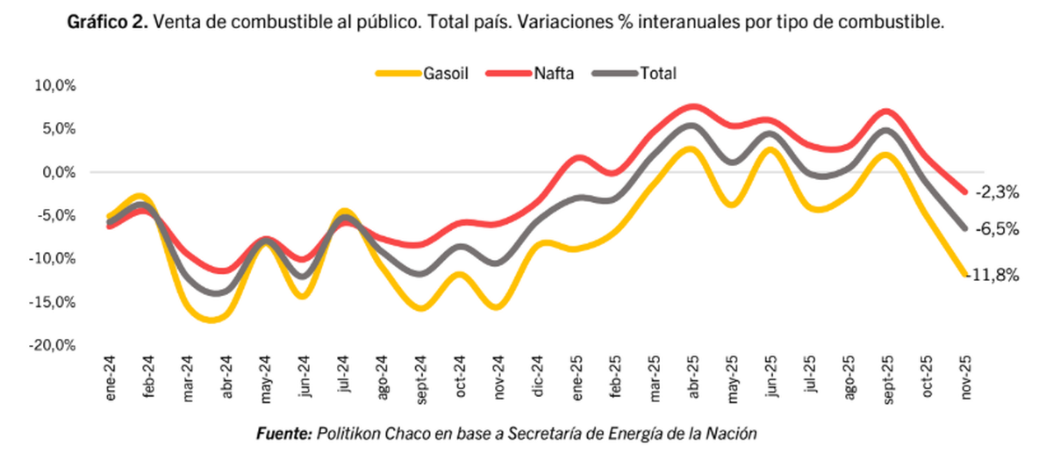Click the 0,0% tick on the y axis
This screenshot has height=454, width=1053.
[x=57, y=172]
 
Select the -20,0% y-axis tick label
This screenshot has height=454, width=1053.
[x=53, y=345]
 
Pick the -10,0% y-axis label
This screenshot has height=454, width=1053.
[x=53, y=258]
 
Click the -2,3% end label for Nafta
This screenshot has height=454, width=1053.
[x=997, y=191]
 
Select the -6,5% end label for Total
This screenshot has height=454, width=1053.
[x=997, y=228]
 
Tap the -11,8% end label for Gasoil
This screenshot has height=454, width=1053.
[x=993, y=275]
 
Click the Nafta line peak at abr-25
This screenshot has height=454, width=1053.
[x=691, y=107]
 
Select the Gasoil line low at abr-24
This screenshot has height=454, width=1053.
[x=211, y=321]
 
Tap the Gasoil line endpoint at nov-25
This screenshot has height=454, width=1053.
[x=964, y=274]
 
